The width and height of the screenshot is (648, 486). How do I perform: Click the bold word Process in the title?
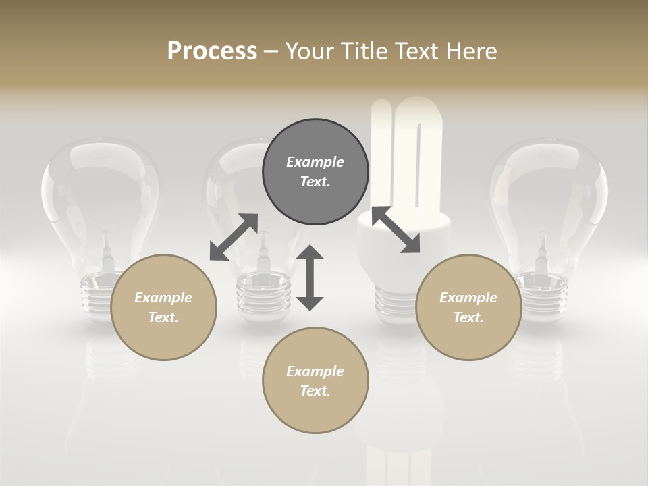coord(212,51)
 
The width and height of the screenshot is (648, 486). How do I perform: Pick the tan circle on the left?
coord(163,307)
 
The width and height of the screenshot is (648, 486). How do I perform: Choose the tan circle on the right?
coord(468,307)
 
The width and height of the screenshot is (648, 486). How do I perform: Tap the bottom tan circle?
coord(315,380)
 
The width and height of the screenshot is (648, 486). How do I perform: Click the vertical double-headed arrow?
coord(310,277)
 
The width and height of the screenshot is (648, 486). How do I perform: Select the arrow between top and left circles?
coord(234,237)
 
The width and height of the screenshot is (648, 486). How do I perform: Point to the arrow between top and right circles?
coord(396,230)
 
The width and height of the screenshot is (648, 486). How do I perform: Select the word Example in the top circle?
coord(315,162)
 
